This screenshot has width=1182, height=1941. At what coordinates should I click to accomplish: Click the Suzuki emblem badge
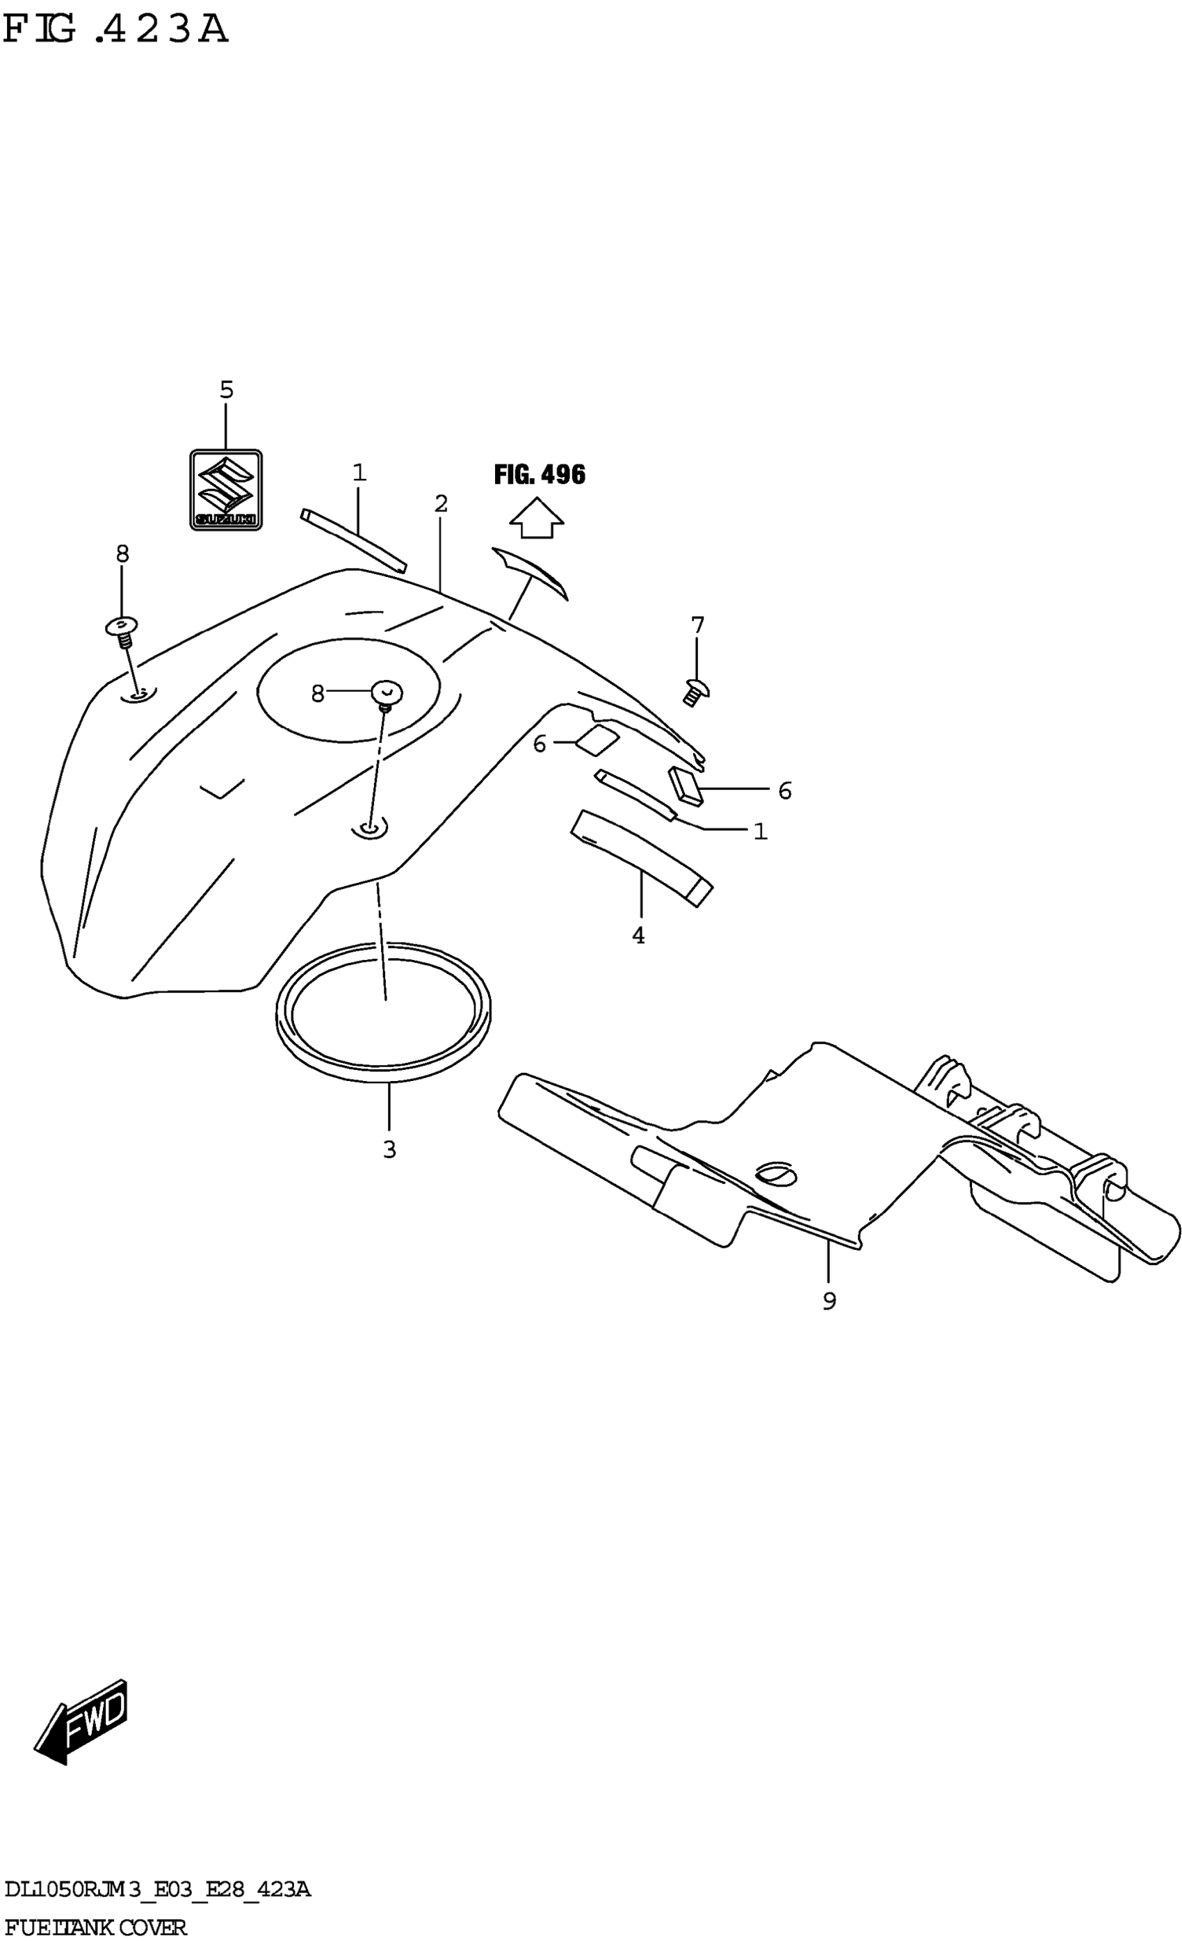[x=225, y=489]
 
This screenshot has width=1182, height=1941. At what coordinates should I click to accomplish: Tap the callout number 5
[x=226, y=389]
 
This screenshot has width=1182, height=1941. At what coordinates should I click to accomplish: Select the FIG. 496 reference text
[x=540, y=474]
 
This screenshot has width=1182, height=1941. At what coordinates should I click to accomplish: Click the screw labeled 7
[x=696, y=692]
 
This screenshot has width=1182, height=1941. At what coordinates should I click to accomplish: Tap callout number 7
[x=697, y=626]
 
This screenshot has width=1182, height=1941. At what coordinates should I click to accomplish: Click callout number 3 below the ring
[x=389, y=1149]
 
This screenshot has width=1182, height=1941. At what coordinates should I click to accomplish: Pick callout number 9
[x=829, y=1301]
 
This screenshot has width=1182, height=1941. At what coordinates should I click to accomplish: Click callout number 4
[x=638, y=936]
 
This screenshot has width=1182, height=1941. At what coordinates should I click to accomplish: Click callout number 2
[x=441, y=503]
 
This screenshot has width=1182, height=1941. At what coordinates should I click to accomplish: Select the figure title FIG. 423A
[x=116, y=30]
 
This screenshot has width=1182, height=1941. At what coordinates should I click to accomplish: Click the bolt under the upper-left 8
[x=123, y=629]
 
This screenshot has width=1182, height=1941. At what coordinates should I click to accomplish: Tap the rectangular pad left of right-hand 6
[x=684, y=786]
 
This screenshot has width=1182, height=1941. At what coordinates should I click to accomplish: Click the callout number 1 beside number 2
[x=359, y=473]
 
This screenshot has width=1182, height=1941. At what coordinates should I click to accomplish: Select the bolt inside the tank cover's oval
[x=386, y=694]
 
